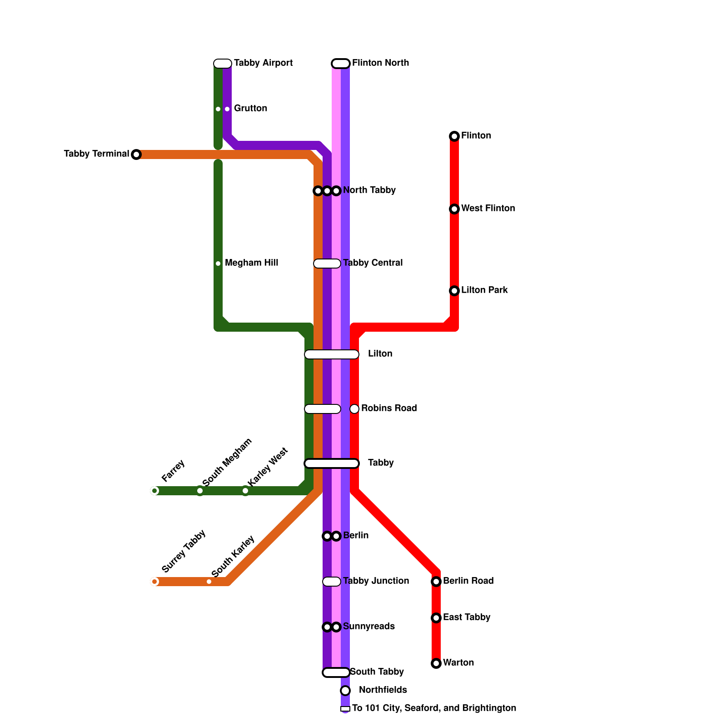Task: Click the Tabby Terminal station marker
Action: click(x=136, y=154)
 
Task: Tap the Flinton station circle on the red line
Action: click(x=454, y=136)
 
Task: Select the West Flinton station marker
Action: click(x=454, y=209)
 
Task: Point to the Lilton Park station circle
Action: click(x=454, y=291)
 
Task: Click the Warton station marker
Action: click(x=436, y=663)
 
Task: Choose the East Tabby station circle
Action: click(x=436, y=618)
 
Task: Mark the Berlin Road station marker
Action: click(x=436, y=582)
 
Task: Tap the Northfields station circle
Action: click(x=345, y=691)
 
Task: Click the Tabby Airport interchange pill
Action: click(x=223, y=64)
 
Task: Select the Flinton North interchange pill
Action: click(x=341, y=64)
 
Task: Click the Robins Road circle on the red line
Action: click(x=354, y=409)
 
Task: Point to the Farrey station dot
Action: click(x=154, y=491)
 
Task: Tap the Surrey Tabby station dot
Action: click(x=154, y=582)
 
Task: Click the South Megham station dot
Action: click(x=200, y=491)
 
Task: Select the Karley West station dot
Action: click(x=245, y=491)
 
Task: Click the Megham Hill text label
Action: click(x=251, y=263)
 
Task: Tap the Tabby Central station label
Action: click(x=373, y=263)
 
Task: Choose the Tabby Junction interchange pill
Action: click(x=332, y=582)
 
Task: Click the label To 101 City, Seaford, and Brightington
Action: click(x=434, y=708)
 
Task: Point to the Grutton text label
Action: click(x=250, y=109)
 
